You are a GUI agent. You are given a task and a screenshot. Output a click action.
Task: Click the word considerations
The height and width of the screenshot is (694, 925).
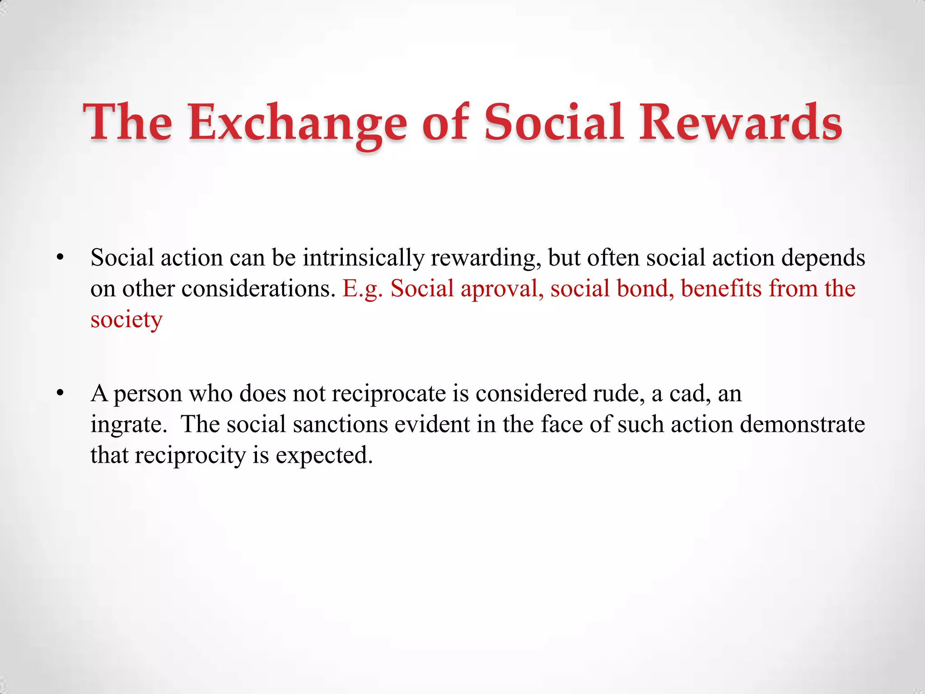pyautogui.click(x=258, y=289)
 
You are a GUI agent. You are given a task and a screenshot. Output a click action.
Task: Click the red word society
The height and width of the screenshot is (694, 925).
pyautogui.click(x=126, y=320)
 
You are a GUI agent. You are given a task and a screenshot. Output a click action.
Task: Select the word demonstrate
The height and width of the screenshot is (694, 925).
pyautogui.click(x=802, y=425)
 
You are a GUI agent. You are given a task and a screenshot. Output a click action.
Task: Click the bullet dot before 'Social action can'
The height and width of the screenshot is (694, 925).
pyautogui.click(x=60, y=258)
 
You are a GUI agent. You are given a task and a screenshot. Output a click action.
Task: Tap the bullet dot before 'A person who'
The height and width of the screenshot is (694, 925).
pyautogui.click(x=60, y=394)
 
